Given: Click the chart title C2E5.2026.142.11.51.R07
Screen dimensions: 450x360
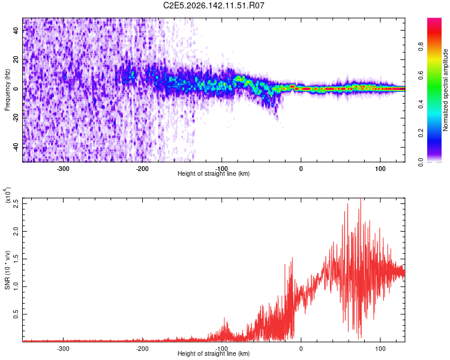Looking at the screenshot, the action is coord(214,5).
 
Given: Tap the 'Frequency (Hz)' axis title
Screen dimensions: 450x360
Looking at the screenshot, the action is coord(7,90).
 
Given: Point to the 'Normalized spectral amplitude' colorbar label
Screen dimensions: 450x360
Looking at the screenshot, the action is coord(445,90).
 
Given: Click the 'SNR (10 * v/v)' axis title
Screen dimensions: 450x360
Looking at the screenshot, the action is coord(7,270).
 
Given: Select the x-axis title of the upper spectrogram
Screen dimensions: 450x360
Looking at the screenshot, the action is coord(214,173).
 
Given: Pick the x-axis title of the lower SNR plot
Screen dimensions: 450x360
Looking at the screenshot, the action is coord(214,353).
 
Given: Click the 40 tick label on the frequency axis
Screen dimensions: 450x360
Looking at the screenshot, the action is coord(16,31).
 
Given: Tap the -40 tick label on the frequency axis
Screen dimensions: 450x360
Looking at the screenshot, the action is coord(16,148).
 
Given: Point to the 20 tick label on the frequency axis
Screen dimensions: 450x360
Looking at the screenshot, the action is coord(16,60).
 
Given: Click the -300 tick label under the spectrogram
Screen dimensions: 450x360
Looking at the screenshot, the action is coord(63,169).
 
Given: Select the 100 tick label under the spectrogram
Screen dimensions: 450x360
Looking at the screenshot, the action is coord(380,169).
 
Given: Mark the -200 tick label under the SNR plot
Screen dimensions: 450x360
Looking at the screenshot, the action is coord(142,349).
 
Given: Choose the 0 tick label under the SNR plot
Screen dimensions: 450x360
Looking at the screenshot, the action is coord(301,349).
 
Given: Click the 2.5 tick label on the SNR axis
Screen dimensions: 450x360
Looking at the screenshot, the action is coord(16,204).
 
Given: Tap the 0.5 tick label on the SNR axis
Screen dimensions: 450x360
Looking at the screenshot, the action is coord(16,314).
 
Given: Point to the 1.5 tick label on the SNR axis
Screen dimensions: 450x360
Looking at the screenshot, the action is coord(16,259).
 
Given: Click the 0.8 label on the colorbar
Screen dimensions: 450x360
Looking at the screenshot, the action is coord(421,46).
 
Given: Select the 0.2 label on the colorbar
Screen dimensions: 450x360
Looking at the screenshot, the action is coord(421,133).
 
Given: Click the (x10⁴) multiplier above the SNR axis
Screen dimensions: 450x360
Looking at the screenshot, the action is coord(8,195).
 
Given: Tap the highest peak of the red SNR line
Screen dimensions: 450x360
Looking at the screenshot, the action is coord(361,199).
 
